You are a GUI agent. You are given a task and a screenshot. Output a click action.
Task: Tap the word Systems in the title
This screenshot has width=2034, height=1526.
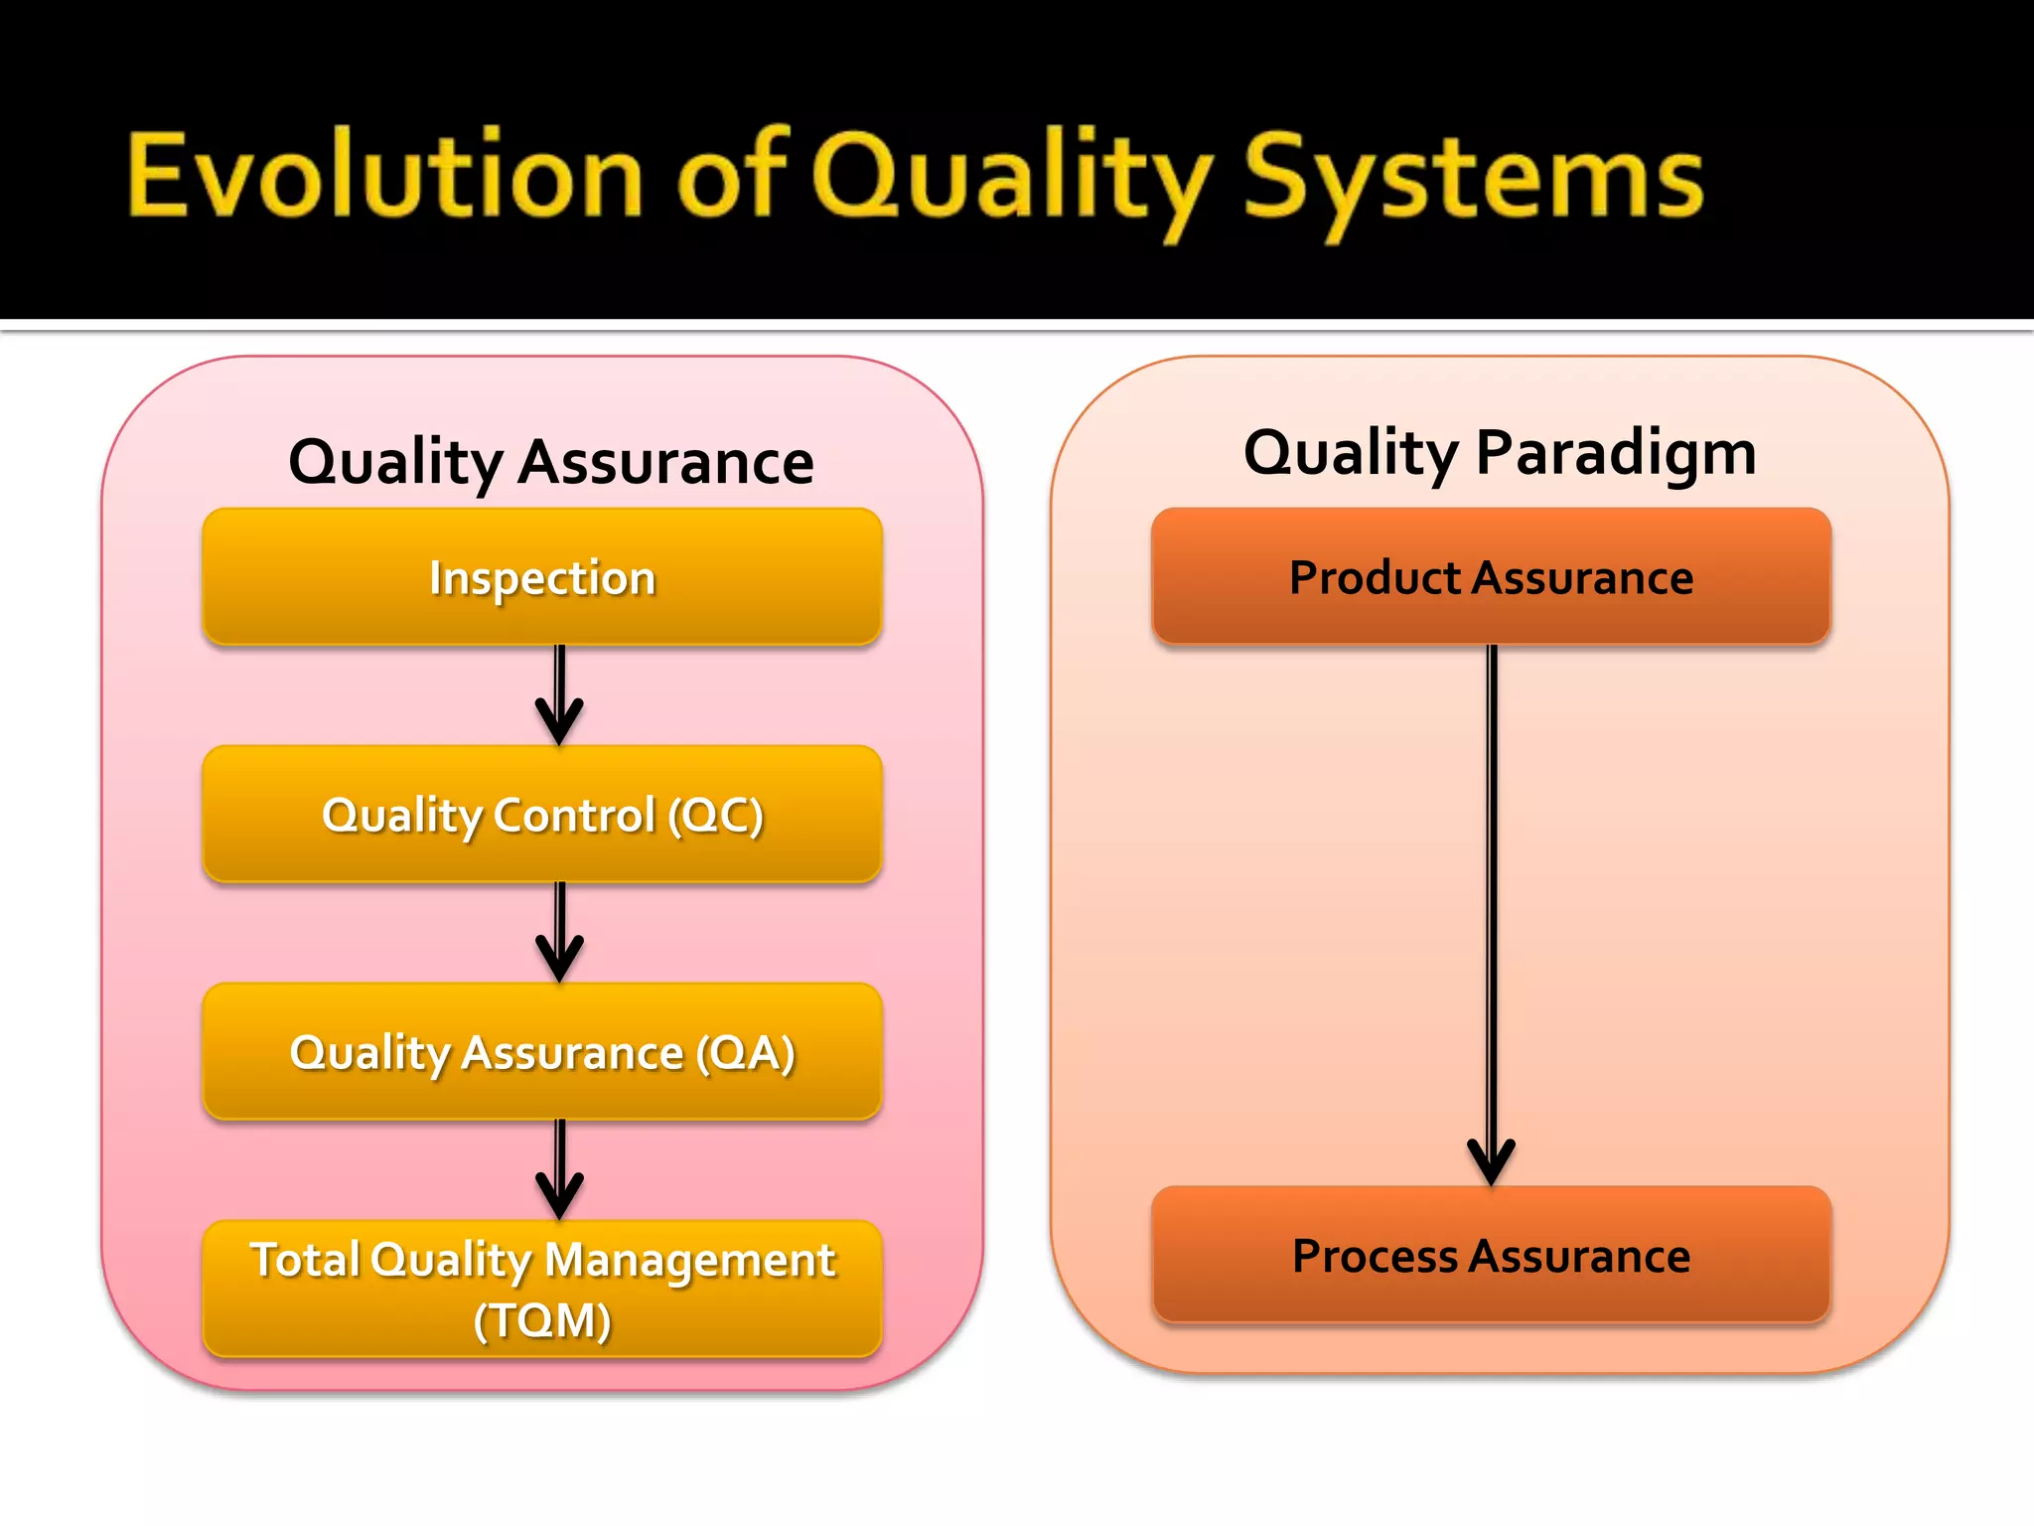coord(1474,179)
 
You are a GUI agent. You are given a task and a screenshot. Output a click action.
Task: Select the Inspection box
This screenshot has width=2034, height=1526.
coord(542,577)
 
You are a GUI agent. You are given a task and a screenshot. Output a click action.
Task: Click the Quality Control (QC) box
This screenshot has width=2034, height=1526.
coord(542,815)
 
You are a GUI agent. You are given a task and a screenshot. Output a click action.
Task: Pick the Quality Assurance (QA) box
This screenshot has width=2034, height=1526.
coord(542,1052)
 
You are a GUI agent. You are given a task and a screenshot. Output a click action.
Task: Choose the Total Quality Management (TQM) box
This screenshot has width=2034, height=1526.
coord(542,1289)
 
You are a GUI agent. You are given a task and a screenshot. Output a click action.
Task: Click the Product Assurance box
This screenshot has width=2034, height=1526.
coord(1491,577)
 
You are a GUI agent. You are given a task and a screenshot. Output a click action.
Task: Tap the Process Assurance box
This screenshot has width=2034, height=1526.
coord(1491,1256)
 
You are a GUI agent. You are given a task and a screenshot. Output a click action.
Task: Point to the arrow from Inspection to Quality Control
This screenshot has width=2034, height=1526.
coord(560,694)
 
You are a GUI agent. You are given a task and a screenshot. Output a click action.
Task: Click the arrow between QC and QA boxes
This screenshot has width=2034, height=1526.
coord(560,932)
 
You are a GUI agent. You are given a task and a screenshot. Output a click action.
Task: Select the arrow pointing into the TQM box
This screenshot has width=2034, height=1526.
coord(560,1169)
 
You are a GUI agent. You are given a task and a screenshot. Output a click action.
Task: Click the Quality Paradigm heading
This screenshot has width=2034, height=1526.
coord(1500,452)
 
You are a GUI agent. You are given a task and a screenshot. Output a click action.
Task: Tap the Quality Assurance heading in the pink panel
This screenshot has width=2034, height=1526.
coord(551,462)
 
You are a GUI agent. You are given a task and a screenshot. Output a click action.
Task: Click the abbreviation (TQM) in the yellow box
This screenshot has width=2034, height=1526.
coord(542,1321)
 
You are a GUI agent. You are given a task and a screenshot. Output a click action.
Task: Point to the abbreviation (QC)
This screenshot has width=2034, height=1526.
coord(716,816)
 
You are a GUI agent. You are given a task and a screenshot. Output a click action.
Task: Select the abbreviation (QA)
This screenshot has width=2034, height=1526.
coord(746,1053)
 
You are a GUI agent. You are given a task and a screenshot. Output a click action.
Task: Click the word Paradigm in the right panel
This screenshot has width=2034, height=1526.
coord(1616,452)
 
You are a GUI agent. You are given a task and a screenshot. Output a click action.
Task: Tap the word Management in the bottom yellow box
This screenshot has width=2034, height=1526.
coord(690,1260)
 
